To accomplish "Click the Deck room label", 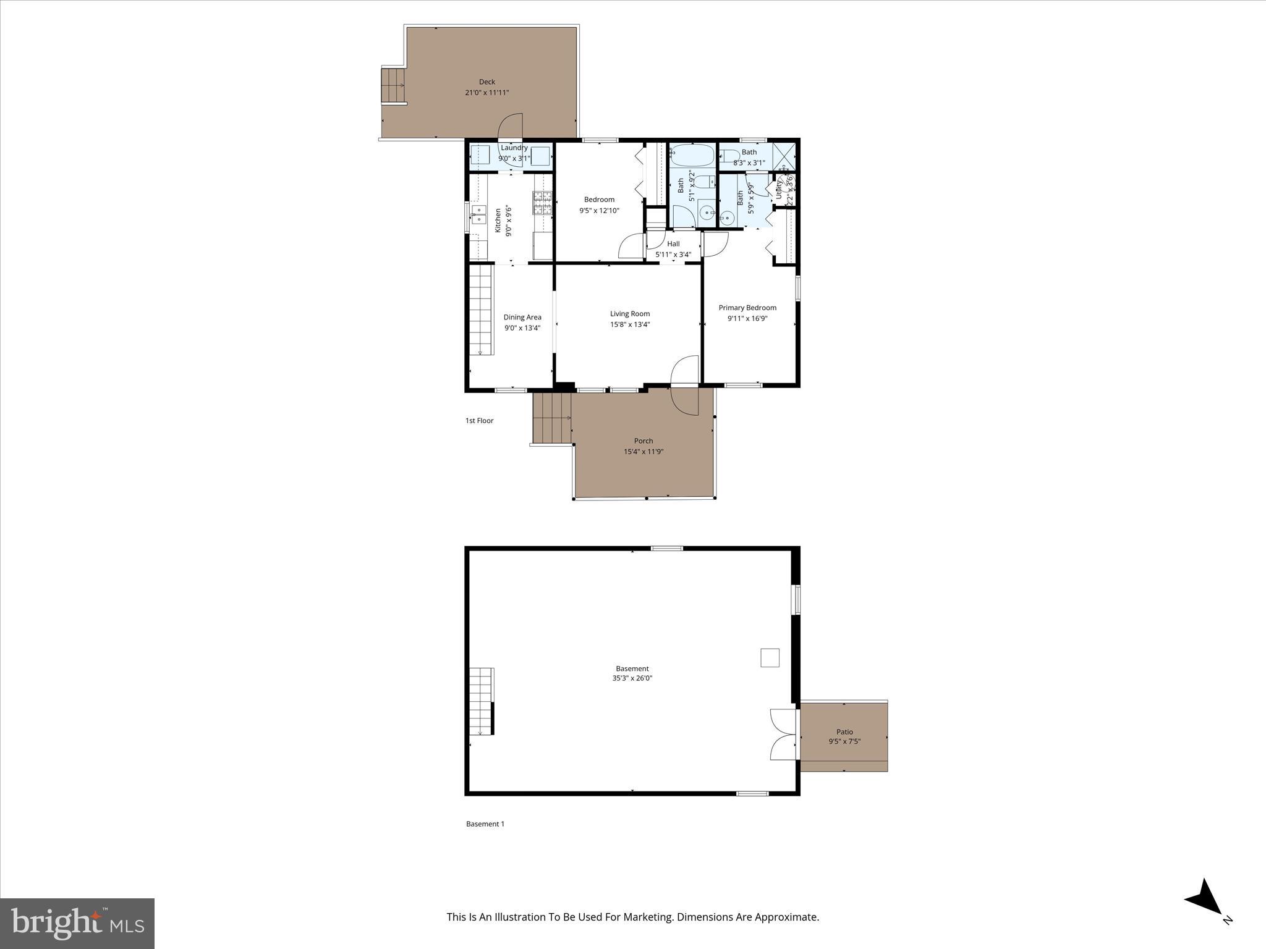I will point(487,82).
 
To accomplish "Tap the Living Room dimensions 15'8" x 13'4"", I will point(630,324).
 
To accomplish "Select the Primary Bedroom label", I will point(747,308).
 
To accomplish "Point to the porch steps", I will point(551,418).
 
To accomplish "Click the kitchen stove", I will point(543,203).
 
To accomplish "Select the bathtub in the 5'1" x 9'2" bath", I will point(692,155).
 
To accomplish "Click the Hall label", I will point(673,244).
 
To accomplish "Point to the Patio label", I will point(844,732).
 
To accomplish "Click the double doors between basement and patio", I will point(783,735).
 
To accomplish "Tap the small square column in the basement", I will point(770,657).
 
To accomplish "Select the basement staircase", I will point(481,701).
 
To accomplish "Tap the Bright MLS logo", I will point(77,923).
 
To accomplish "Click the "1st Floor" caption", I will point(479,421).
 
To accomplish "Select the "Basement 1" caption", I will point(485,824).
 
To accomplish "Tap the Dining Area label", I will point(522,317).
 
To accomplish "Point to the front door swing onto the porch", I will point(685,386).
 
